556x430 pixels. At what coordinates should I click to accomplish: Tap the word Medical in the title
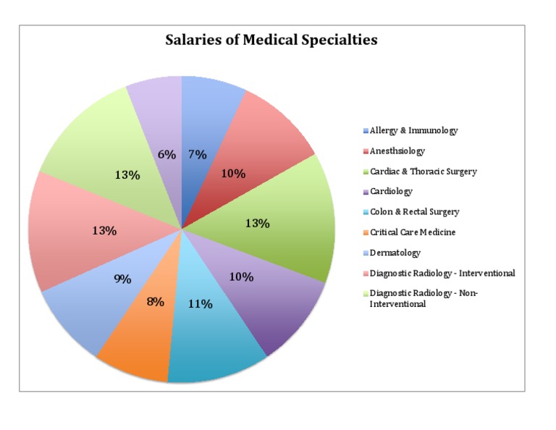270,39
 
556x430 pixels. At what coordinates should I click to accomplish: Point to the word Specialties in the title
340,40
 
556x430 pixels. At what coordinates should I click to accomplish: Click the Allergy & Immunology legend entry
410,131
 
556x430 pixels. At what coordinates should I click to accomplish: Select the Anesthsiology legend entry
394,151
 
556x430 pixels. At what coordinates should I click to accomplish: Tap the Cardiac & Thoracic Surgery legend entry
420,172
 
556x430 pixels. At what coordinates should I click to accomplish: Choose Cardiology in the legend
388,192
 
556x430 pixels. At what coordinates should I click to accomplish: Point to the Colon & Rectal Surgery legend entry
411,212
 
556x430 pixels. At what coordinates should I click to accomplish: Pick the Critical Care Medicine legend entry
410,232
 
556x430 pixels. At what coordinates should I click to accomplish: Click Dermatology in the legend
392,253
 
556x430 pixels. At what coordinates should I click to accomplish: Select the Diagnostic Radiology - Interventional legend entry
439,274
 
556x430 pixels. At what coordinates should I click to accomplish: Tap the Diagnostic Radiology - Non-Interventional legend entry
421,298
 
